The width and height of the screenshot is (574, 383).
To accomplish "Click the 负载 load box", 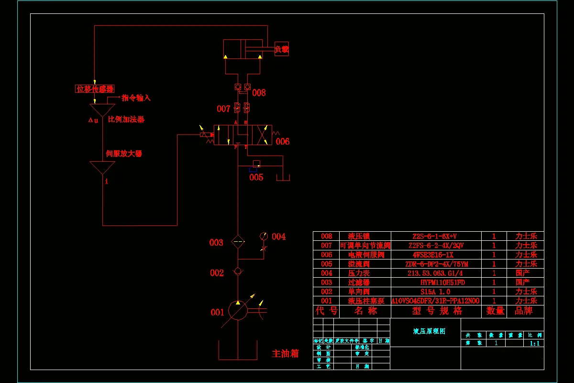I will (x=282, y=49).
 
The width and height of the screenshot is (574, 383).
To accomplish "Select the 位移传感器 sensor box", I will (x=95, y=89).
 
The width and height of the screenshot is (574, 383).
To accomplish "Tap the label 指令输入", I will (x=136, y=98).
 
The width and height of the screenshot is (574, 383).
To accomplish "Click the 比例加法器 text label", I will (x=126, y=119).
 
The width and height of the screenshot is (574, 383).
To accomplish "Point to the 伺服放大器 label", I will (x=124, y=154).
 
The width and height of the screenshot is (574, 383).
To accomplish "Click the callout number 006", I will (x=282, y=141).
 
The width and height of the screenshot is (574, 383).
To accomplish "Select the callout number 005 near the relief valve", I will (x=256, y=178).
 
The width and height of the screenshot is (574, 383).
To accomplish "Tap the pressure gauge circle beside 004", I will (x=264, y=236).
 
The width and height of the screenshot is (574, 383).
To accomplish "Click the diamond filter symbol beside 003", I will (x=238, y=242).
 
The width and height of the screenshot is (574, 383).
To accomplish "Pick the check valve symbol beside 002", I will (x=238, y=271).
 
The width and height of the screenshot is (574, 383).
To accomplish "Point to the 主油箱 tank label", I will (x=285, y=354).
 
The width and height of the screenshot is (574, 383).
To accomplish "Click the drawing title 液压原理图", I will (x=429, y=331).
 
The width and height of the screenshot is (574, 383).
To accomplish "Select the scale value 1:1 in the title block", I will (x=534, y=343).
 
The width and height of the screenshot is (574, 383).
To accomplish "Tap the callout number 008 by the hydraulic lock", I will (x=259, y=93).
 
